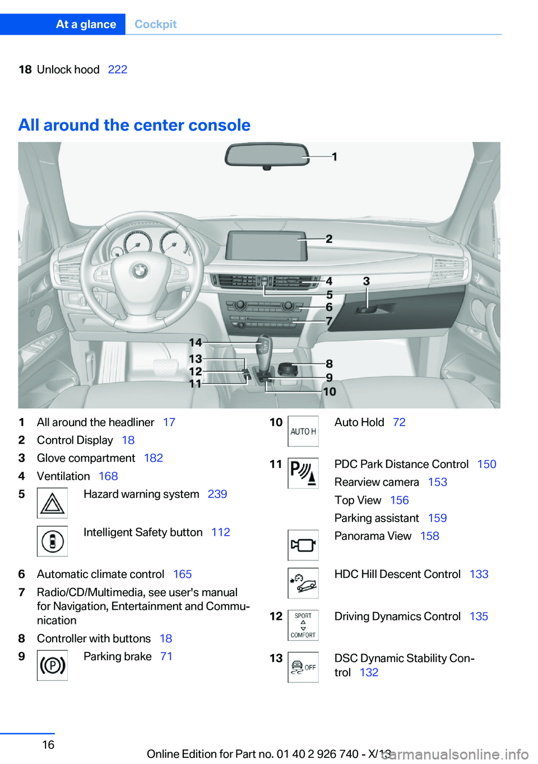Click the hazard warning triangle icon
(52, 503)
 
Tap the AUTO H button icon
(303, 431)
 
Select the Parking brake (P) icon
(52, 665)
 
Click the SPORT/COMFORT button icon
(303, 625)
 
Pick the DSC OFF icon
(303, 667)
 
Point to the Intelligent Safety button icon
(52, 541)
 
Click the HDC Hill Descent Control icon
(303, 583)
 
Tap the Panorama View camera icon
(303, 545)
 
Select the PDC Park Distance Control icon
(303, 473)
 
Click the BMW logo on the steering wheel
(139, 271)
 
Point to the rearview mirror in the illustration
(267, 155)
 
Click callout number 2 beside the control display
(329, 239)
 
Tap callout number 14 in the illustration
(195, 342)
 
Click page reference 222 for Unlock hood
(118, 70)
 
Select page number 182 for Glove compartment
(153, 458)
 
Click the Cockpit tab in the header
(155, 24)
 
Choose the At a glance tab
(86, 24)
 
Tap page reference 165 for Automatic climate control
(182, 574)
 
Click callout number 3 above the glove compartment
(366, 281)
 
